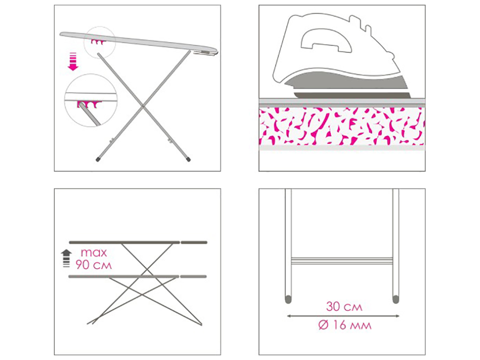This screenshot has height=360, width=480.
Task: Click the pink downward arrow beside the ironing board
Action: (73, 61)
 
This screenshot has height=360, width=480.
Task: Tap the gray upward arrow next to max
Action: (67, 258)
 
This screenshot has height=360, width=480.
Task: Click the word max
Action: (94, 253)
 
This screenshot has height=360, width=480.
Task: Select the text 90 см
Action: (94, 265)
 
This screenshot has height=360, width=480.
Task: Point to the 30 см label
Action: (344, 307)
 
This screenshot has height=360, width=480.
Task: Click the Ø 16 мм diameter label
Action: (345, 325)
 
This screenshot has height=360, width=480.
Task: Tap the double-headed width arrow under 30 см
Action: (343, 316)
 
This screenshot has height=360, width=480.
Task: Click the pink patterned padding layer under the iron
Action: (342, 126)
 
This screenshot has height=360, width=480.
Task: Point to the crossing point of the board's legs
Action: (143, 106)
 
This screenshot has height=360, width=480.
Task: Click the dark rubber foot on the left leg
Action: (97, 159)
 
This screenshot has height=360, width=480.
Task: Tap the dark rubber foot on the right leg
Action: (188, 159)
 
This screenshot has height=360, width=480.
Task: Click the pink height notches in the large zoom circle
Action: (89, 104)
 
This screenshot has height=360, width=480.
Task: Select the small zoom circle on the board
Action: (100, 42)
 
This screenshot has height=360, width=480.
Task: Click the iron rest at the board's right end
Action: (205, 53)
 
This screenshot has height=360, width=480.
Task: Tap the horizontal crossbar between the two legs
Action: (342, 261)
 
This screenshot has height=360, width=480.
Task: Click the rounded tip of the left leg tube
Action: (288, 300)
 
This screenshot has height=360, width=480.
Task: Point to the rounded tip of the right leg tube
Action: (396, 300)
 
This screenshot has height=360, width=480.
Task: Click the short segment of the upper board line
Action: (194, 242)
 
